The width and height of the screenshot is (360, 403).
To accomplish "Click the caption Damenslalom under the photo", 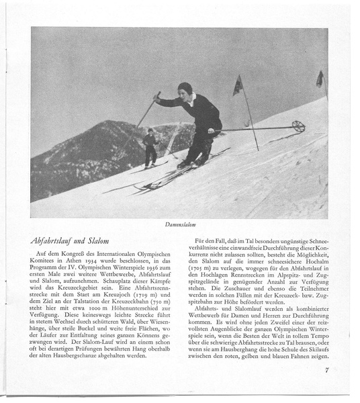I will (x=179, y=224).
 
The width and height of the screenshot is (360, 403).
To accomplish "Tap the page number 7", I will (x=326, y=369).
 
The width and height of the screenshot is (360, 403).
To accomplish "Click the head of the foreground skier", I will (x=185, y=88).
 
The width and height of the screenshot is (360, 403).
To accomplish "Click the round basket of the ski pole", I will (x=298, y=126).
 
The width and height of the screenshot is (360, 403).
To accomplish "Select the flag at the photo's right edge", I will (x=320, y=79).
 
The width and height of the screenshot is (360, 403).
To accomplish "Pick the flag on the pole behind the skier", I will (x=238, y=85).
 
